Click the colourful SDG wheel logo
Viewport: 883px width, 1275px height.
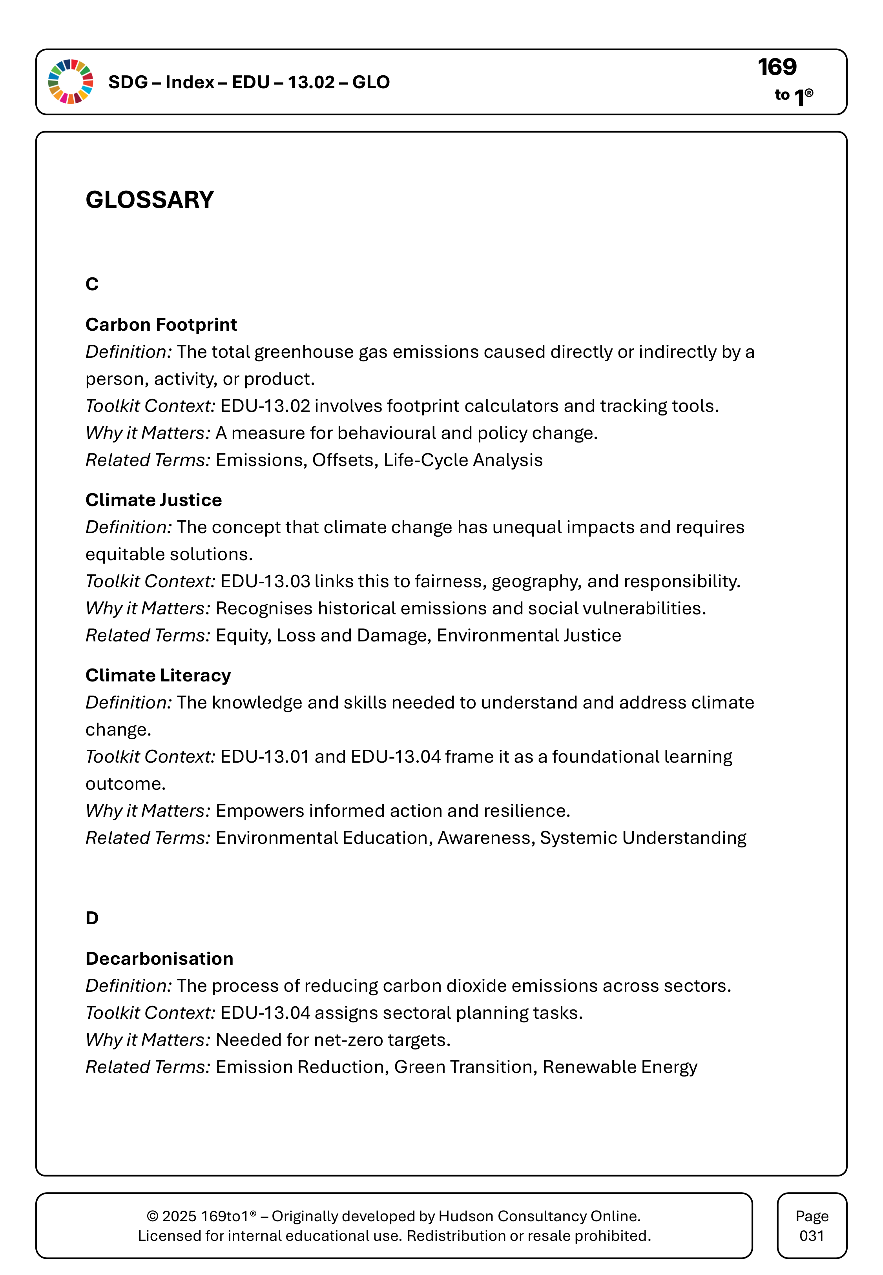pyautogui.click(x=71, y=82)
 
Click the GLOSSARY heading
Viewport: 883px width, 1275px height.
pyautogui.click(x=150, y=200)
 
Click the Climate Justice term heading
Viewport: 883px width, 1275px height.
pyautogui.click(x=153, y=500)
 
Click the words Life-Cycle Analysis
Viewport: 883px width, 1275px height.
pyautogui.click(x=463, y=460)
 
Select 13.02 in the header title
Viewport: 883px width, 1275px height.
pyautogui.click(x=311, y=82)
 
